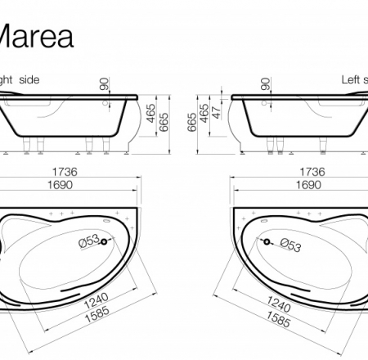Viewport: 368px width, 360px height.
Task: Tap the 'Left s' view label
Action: pyautogui.click(x=354, y=79)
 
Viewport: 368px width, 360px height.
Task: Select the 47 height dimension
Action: pyautogui.click(x=217, y=112)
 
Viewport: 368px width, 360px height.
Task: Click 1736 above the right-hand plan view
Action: pyautogui.click(x=312, y=173)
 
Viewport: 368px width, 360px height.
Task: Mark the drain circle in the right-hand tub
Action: pyautogui.click(x=267, y=241)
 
